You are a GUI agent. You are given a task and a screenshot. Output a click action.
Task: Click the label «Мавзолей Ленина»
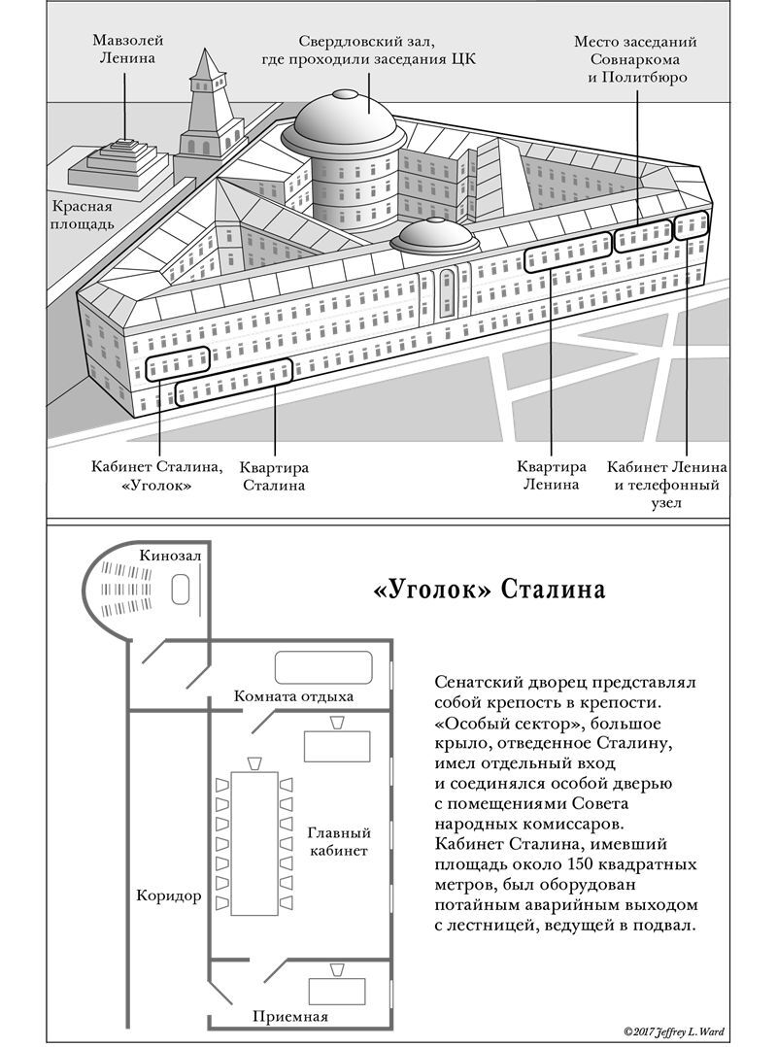127,49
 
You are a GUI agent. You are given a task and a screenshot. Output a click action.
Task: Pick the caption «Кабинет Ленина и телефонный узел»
671,485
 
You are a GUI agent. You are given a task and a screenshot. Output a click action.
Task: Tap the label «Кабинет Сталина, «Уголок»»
158,474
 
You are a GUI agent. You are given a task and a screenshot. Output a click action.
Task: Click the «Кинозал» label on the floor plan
170,555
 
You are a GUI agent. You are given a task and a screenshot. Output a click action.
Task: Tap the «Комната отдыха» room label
293,696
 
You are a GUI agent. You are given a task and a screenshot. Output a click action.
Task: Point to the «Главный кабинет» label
339,842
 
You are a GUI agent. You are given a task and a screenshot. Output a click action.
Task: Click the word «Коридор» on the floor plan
170,895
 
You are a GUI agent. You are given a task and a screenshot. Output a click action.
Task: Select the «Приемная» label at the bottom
290,1017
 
